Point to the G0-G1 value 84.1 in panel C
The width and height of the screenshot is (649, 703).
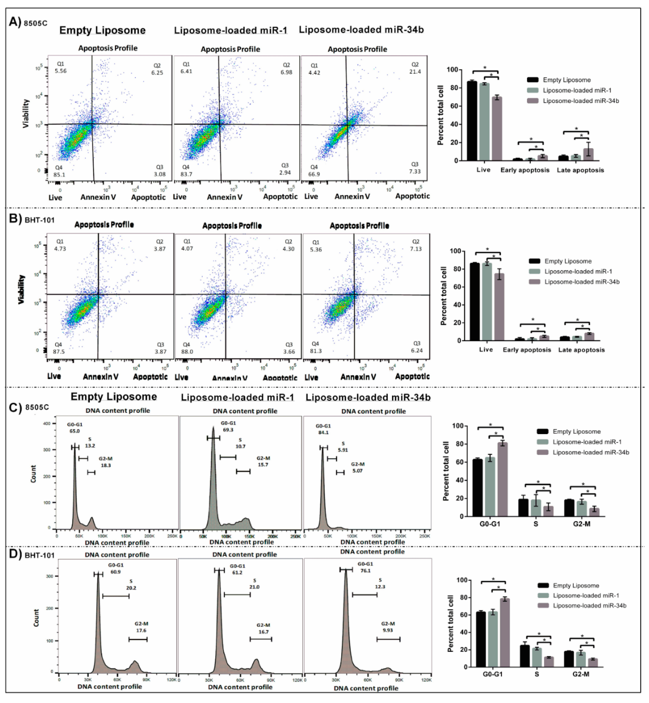tap(323, 432)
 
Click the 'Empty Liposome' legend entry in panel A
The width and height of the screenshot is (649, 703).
tap(567, 80)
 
